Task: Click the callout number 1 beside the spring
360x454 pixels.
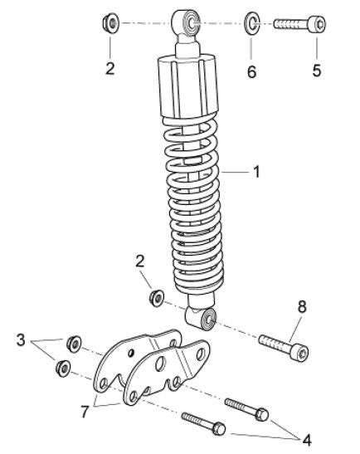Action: [256, 172]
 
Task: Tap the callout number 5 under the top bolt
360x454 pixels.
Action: [317, 71]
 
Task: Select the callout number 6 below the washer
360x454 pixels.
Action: [252, 71]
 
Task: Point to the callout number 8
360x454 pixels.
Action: [302, 307]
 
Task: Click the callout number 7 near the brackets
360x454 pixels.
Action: [85, 412]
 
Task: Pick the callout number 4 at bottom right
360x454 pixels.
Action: [307, 440]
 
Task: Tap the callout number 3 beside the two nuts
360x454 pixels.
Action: [21, 340]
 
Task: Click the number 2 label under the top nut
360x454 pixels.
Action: [110, 69]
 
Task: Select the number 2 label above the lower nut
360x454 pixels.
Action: [140, 261]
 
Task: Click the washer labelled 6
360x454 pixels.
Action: [252, 22]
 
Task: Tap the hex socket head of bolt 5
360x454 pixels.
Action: [317, 24]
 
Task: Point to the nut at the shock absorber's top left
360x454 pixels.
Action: [111, 22]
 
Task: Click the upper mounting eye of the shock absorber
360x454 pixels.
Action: [186, 22]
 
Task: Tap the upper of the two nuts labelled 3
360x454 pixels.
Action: [74, 344]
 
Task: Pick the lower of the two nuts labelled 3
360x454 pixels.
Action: [62, 369]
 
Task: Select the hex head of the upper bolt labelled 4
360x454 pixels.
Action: [261, 414]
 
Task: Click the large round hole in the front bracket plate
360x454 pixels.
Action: [160, 364]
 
